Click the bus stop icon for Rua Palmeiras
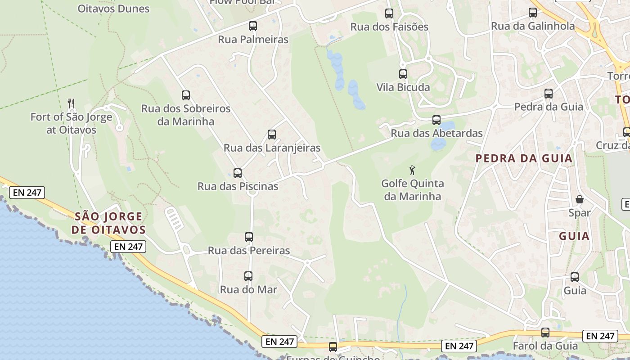[x=253, y=26]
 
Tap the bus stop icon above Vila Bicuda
[x=403, y=74]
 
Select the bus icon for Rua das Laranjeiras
[x=271, y=135]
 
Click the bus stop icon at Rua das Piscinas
[x=238, y=173]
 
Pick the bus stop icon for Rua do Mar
[x=248, y=276]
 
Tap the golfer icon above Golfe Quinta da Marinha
[x=412, y=171]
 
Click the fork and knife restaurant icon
[x=71, y=103]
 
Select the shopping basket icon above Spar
[x=580, y=199]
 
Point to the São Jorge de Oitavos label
[x=108, y=223]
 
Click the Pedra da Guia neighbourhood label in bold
[x=524, y=158]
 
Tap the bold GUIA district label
[x=574, y=236]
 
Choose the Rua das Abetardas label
[x=436, y=133]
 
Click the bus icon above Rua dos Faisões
[x=389, y=13]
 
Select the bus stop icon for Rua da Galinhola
[x=533, y=13]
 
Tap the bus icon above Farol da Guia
[x=545, y=333]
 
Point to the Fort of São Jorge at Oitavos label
[x=71, y=123]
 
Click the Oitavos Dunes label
[x=113, y=9]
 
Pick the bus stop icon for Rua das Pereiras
[x=248, y=237]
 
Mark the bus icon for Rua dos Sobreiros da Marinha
[x=186, y=95]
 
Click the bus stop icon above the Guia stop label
[x=575, y=277]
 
